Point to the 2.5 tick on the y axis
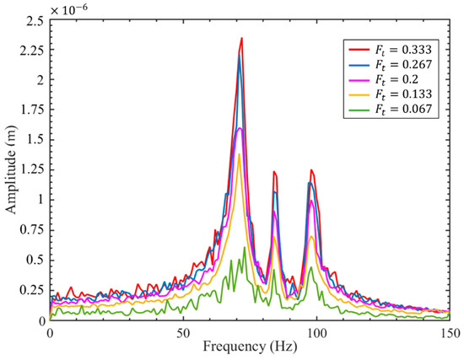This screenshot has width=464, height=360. [34, 20]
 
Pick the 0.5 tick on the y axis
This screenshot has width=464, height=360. [34, 260]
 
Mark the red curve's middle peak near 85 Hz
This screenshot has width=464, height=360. [273, 172]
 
